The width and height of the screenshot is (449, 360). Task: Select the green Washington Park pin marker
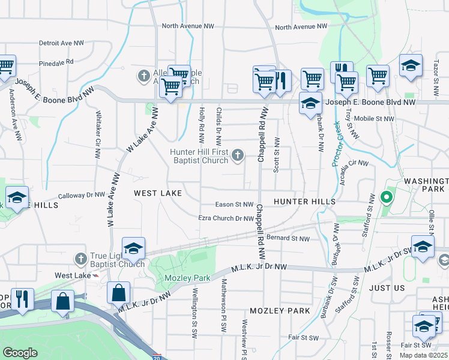tap(387, 196)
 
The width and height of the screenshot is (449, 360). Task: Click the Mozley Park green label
tap(184, 278)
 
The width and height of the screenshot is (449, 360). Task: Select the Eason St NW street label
tap(235, 205)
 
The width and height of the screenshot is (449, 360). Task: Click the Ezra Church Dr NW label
tap(226, 218)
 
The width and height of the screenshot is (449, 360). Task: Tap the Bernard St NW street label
tap(288, 238)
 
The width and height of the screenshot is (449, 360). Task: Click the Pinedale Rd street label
tap(56, 62)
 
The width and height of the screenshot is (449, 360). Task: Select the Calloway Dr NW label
tap(82, 195)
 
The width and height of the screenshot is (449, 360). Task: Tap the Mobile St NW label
tap(374, 119)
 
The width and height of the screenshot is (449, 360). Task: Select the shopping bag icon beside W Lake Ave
tap(119, 293)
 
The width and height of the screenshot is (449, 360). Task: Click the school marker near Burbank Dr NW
tap(310, 103)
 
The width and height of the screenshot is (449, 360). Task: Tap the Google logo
tap(20, 352)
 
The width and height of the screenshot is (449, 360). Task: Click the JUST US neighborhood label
tap(387, 288)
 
